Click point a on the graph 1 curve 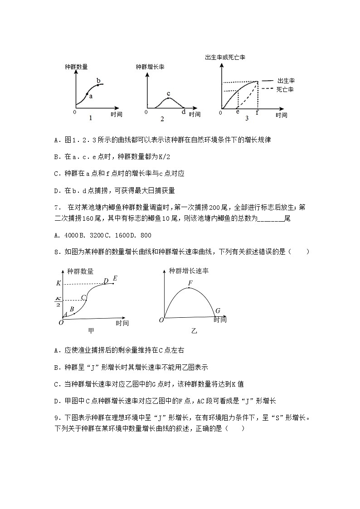pos(87,93)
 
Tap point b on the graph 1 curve pos(98,85)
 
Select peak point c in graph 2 pos(168,98)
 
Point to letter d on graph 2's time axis pos(184,112)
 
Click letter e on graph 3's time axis pos(238,112)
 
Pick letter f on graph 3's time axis pos(257,112)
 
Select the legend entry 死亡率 pos(285,90)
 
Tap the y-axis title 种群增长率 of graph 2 pos(150,67)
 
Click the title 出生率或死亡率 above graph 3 pos(225,58)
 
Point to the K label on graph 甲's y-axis pos(58,283)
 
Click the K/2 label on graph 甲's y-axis pos(58,301)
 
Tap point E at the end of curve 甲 pos(115,278)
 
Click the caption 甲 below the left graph pos(91,331)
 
